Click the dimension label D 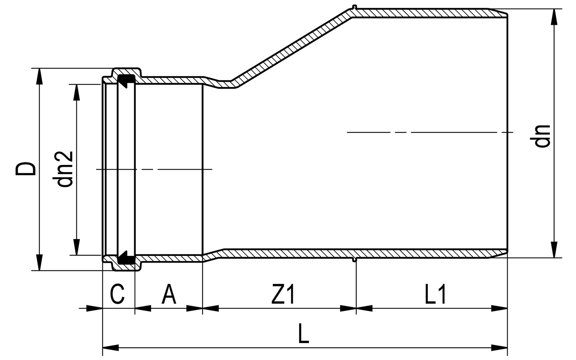pyautogui.click(x=26, y=169)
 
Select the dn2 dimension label pyautogui.click(x=65, y=169)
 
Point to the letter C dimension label pyautogui.click(x=117, y=294)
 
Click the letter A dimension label pyautogui.click(x=169, y=294)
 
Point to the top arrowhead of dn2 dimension pyautogui.click(x=76, y=92)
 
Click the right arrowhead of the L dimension pyautogui.click(x=500, y=348)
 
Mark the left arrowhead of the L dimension pyautogui.click(x=110, y=348)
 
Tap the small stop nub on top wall pyautogui.click(x=355, y=6)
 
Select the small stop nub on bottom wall pyautogui.click(x=355, y=260)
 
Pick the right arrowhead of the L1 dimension pyautogui.click(x=500, y=308)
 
